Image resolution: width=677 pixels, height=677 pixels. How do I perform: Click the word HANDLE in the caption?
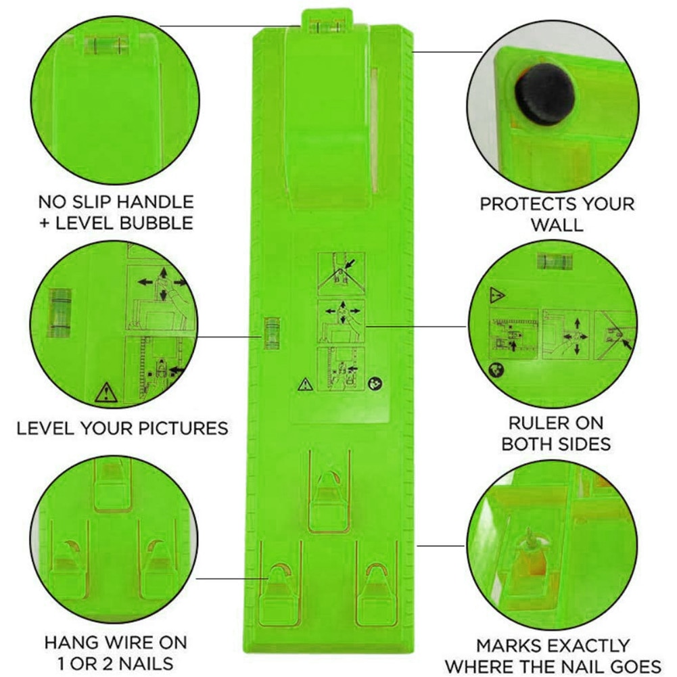[148, 202]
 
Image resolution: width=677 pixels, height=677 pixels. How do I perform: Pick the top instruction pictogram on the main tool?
[341, 272]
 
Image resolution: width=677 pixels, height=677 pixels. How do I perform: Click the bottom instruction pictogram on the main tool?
[341, 367]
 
